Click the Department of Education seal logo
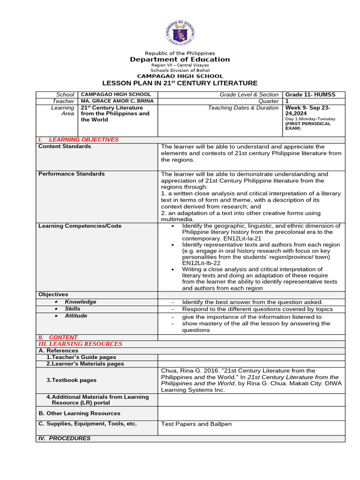180,31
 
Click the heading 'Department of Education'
180,60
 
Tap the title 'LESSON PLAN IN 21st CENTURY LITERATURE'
180,83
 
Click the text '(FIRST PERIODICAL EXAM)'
307,126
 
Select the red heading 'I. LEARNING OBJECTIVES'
78,140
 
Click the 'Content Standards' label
65,146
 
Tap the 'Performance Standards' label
71,174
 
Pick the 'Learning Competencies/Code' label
80,226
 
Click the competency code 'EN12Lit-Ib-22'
202,263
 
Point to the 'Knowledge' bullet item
80,302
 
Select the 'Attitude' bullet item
76,316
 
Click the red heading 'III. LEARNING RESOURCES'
80,344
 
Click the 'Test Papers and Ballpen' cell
196,424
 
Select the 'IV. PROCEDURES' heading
64,439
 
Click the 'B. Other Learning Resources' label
79,413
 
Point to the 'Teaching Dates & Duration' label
243,108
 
